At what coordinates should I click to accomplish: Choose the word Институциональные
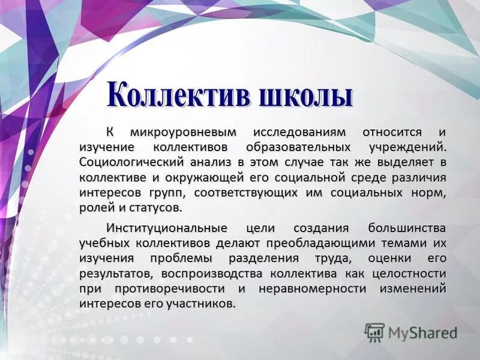point(167,229)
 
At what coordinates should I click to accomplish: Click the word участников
point(204,304)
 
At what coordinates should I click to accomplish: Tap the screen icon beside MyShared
point(374,332)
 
